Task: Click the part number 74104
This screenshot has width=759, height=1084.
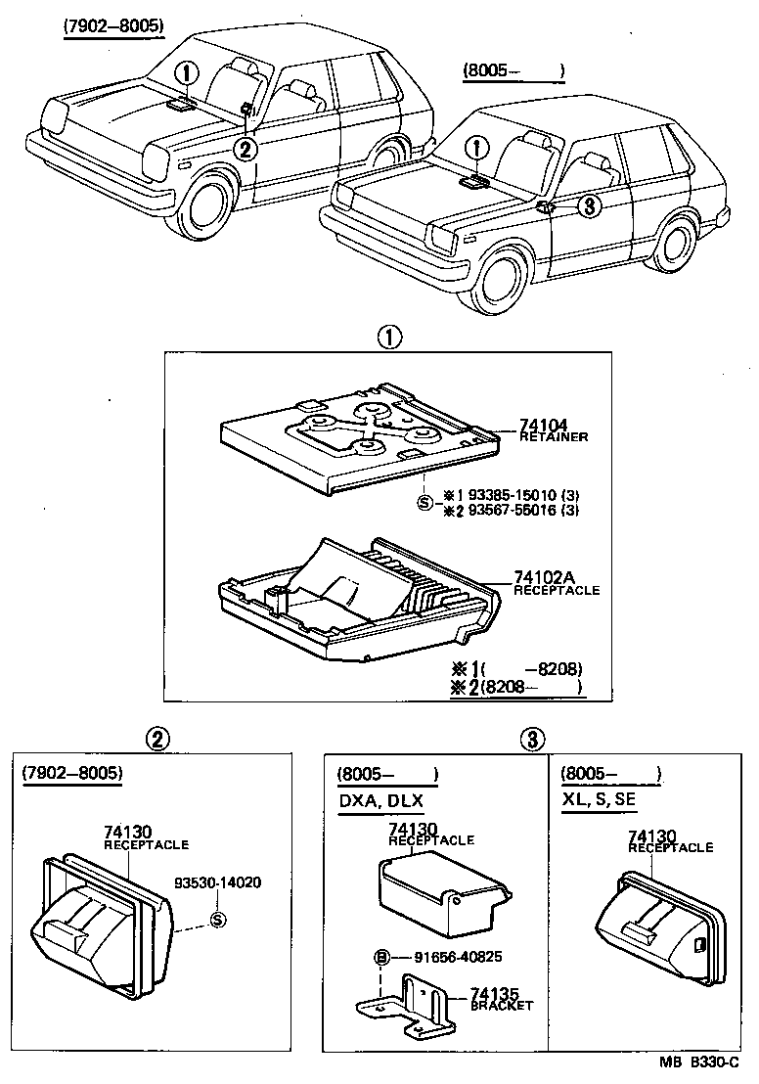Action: click(x=542, y=424)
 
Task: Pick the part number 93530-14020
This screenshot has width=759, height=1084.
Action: click(x=218, y=881)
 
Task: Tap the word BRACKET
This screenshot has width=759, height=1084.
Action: click(x=502, y=1005)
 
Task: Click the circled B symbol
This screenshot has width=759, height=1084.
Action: click(x=382, y=956)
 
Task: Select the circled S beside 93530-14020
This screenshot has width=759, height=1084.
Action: click(x=217, y=919)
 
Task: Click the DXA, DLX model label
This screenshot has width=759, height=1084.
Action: click(x=379, y=799)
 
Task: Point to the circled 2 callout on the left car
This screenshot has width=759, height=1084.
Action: click(x=246, y=148)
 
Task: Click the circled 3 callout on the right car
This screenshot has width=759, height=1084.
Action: click(x=586, y=205)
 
